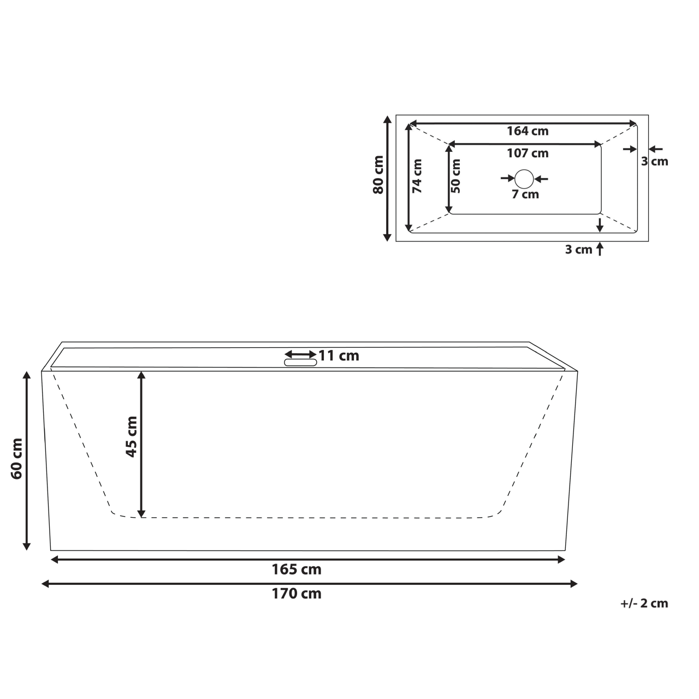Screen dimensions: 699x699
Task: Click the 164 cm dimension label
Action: [527, 131]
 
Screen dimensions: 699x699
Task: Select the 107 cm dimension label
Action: [527, 153]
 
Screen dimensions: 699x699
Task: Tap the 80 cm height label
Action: [378, 175]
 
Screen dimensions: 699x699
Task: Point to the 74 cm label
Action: [417, 176]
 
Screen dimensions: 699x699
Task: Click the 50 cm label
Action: [457, 176]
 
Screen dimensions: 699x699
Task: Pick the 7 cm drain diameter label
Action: [525, 194]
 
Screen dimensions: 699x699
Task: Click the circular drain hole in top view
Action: [524, 179]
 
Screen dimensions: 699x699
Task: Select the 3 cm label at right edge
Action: [654, 161]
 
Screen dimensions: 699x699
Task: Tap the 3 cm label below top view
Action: [578, 250]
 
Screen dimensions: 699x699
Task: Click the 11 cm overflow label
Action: [339, 356]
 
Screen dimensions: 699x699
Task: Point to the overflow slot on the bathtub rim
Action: [300, 362]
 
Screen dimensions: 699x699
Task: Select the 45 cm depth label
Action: [132, 436]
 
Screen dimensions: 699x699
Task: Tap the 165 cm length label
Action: [297, 570]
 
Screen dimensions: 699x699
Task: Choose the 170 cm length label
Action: [297, 594]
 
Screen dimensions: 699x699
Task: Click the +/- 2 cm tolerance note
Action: [644, 603]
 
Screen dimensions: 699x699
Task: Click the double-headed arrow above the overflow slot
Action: [300, 354]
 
